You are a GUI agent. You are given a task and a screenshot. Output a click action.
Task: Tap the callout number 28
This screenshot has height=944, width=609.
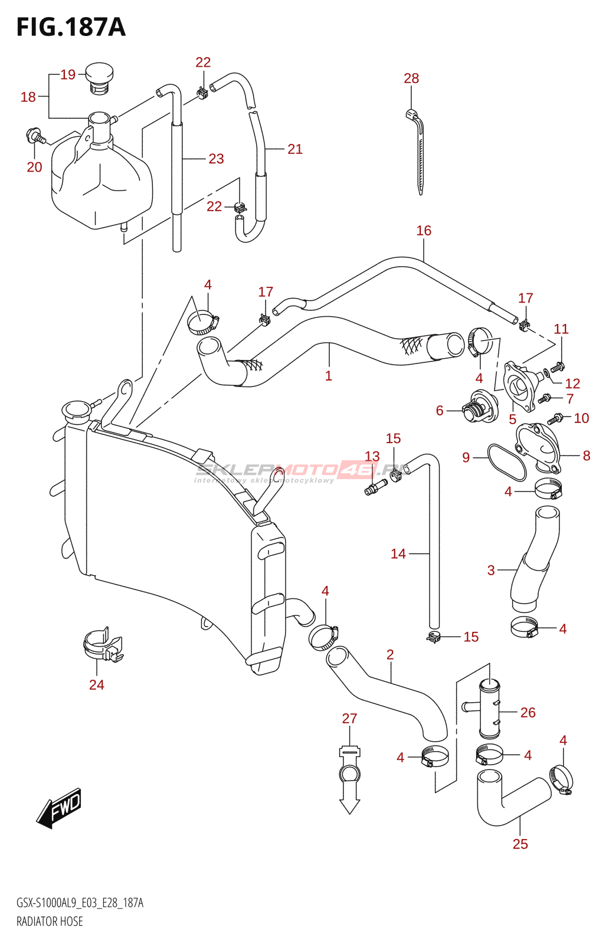tap(411, 78)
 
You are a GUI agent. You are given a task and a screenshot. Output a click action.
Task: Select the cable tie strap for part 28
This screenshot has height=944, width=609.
tap(417, 152)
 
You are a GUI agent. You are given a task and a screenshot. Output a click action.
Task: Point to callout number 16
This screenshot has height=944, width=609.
tap(424, 231)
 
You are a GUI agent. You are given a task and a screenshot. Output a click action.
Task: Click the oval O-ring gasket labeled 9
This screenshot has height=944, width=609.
tap(506, 462)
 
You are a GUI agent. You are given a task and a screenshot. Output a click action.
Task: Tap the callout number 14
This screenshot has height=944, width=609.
tap(398, 554)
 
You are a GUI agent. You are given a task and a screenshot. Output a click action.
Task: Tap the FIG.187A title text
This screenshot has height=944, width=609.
tap(71, 27)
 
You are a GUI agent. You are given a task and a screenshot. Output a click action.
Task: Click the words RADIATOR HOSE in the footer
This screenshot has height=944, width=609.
tap(50, 921)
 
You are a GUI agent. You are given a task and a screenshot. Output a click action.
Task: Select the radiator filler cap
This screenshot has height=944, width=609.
tap(76, 409)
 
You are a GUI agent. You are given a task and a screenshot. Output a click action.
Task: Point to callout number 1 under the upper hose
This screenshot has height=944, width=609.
tap(329, 376)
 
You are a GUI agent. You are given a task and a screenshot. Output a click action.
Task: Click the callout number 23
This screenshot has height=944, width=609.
tap(216, 159)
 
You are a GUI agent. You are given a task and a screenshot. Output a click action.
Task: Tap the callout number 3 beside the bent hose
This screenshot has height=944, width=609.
tap(491, 571)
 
